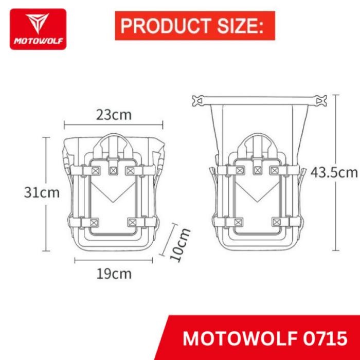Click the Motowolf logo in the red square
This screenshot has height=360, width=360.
38,29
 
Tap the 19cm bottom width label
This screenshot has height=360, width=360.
114,273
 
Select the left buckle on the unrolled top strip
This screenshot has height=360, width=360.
197,101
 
